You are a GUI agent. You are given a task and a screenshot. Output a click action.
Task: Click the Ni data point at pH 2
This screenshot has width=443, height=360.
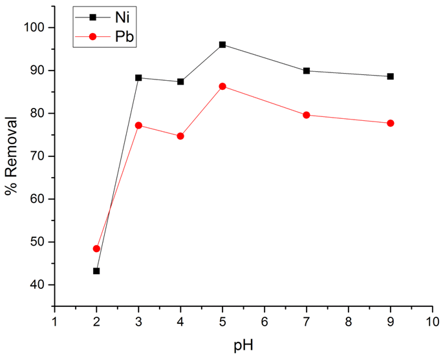[96, 271]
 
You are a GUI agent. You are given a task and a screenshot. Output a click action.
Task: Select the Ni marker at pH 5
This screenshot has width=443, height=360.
[222, 45]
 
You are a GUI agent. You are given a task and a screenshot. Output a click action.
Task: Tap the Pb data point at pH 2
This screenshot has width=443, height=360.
[96, 248]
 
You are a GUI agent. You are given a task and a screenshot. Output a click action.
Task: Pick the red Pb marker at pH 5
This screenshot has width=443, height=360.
[222, 86]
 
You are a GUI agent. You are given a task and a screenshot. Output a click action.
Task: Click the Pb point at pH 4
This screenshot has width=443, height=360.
[180, 136]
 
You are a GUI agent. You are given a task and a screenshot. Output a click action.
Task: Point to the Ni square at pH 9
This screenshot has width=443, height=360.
[390, 76]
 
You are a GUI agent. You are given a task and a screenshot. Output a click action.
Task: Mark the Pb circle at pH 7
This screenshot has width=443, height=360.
[306, 115]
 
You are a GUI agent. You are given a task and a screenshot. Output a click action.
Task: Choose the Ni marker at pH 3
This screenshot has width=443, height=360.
[138, 78]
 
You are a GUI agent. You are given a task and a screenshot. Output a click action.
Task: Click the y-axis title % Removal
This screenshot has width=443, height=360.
[16, 155]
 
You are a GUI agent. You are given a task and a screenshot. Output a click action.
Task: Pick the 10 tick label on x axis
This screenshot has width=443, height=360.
[432, 321]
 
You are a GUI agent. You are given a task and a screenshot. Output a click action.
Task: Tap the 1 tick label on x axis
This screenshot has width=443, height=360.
[54, 321]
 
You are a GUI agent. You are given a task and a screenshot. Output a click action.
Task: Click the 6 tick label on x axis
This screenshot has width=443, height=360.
[265, 321]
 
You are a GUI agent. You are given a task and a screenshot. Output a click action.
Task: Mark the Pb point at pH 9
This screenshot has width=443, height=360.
[390, 123]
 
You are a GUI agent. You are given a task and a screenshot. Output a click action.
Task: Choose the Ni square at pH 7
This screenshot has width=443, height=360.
[306, 70]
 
